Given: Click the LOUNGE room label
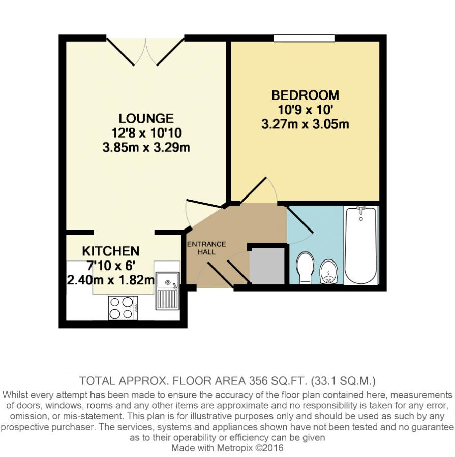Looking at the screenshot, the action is tap(146, 118).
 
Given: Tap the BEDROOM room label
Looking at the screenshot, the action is tap(305, 95).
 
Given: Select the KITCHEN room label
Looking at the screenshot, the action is tap(111, 251).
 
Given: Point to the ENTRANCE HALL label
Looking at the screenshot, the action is tap(206, 248).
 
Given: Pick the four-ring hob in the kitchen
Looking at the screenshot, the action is tap(123, 308).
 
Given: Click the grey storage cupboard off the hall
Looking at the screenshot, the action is tap(267, 266).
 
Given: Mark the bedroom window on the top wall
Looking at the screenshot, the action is tap(304, 38).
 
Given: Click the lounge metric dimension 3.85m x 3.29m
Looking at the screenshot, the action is tap(146, 147).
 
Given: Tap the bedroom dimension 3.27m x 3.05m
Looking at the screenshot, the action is tap(305, 124).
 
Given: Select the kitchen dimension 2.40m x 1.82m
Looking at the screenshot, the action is tap(111, 280).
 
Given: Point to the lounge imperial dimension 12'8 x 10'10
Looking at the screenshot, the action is tap(146, 133).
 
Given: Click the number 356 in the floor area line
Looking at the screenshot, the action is tap(258, 381).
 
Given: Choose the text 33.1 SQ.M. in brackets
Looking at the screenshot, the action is tap(343, 381).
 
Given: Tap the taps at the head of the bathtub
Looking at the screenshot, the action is tap(361, 209).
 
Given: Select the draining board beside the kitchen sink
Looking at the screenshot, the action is tap(168, 299).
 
